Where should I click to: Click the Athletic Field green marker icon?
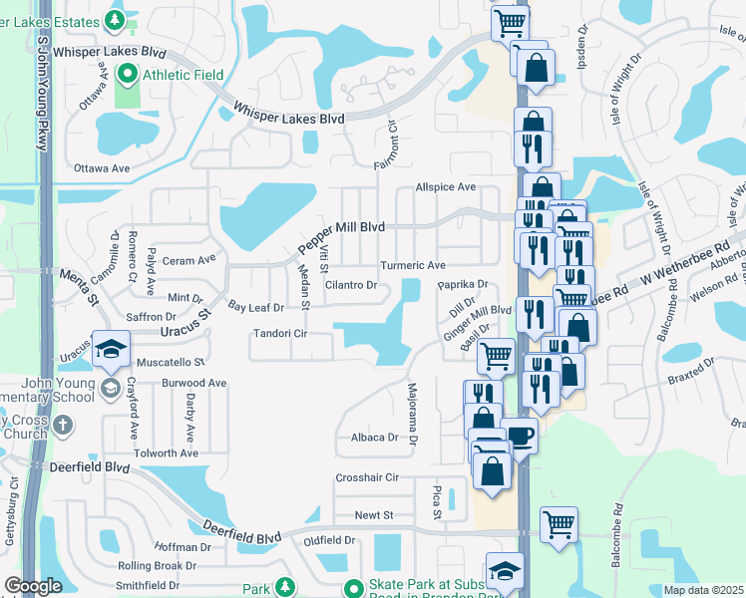tap(127, 73)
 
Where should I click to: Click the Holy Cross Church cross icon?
tap(62, 427)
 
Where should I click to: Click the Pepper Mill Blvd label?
tap(342, 237)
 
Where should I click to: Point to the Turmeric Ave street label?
tap(412, 266)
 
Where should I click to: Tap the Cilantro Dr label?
tap(350, 285)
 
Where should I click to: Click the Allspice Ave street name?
tap(446, 187)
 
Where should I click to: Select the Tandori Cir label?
tap(278, 333)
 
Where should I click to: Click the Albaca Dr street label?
tap(374, 437)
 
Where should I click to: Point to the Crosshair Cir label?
tap(367, 478)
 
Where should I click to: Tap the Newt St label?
tap(375, 515)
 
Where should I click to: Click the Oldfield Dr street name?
tap(330, 540)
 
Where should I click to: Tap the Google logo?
tap(33, 586)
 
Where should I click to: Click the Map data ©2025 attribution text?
tap(703, 590)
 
